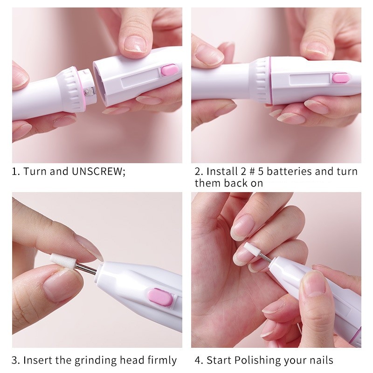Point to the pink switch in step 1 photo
(x=169, y=71)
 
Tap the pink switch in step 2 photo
(x=341, y=78)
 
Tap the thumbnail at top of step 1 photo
(x=135, y=43)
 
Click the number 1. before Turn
(x=16, y=171)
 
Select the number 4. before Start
(x=198, y=360)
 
